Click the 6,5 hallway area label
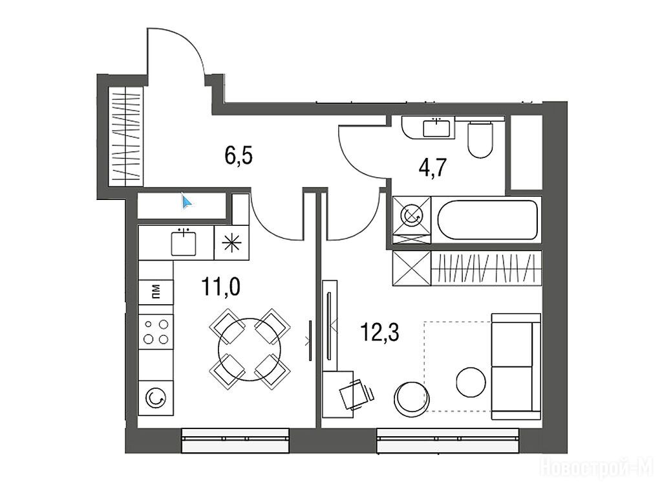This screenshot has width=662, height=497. click(x=239, y=155)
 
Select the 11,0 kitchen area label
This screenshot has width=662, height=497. click(x=221, y=287)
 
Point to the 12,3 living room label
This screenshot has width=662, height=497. click(x=380, y=331)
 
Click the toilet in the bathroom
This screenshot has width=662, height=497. click(x=480, y=139)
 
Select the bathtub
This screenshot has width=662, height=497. click(x=487, y=220)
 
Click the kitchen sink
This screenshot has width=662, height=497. click(x=184, y=243)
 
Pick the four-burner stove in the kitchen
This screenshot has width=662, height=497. click(x=156, y=331)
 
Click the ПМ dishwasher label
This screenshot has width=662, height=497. click(x=156, y=291)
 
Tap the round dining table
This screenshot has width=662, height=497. click(x=250, y=349)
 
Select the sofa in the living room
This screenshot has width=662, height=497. click(x=516, y=366)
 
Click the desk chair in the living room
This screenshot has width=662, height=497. click(x=357, y=394)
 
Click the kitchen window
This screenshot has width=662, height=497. click(x=235, y=440)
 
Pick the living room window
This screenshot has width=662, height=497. click(x=447, y=440)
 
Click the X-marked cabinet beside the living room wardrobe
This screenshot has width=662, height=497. click(x=412, y=268)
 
